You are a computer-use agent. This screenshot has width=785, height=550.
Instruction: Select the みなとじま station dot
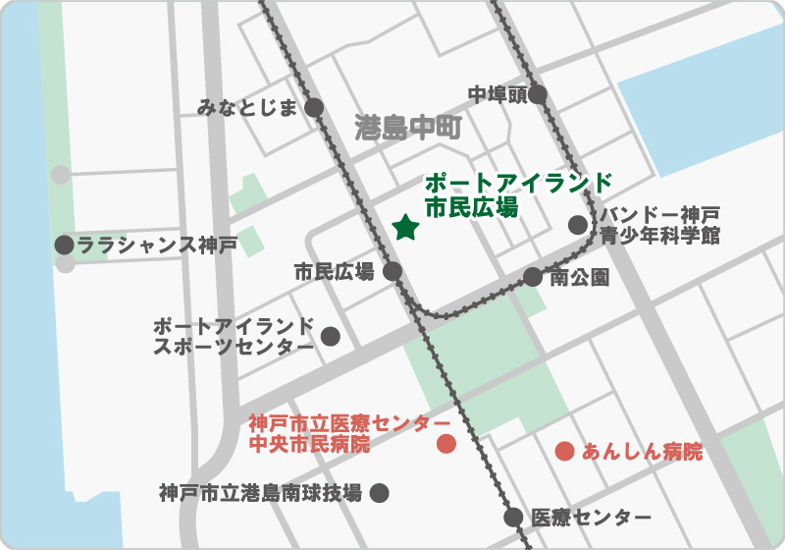(315, 108)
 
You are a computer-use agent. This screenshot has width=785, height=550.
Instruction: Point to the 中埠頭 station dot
(538, 94)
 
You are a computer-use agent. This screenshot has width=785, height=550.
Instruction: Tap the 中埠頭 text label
(497, 94)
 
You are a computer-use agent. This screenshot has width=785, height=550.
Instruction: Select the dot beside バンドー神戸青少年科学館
(578, 224)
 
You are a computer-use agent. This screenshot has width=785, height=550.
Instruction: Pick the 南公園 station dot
(532, 277)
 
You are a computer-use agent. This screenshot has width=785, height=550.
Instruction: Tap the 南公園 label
(580, 277)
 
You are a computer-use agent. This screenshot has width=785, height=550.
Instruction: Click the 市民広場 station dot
(392, 271)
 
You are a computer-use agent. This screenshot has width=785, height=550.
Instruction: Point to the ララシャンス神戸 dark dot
(65, 245)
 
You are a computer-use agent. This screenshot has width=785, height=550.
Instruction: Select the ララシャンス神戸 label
(157, 245)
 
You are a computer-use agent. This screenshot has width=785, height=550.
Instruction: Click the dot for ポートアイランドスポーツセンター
(331, 336)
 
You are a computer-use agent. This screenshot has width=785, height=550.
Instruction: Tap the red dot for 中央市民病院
(445, 443)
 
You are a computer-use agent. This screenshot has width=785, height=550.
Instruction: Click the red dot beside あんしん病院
(564, 452)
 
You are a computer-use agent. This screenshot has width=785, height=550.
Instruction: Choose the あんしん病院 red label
(643, 452)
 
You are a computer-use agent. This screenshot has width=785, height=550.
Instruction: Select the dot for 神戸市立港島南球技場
(379, 493)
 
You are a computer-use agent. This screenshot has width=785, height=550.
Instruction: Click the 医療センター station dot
(513, 517)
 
